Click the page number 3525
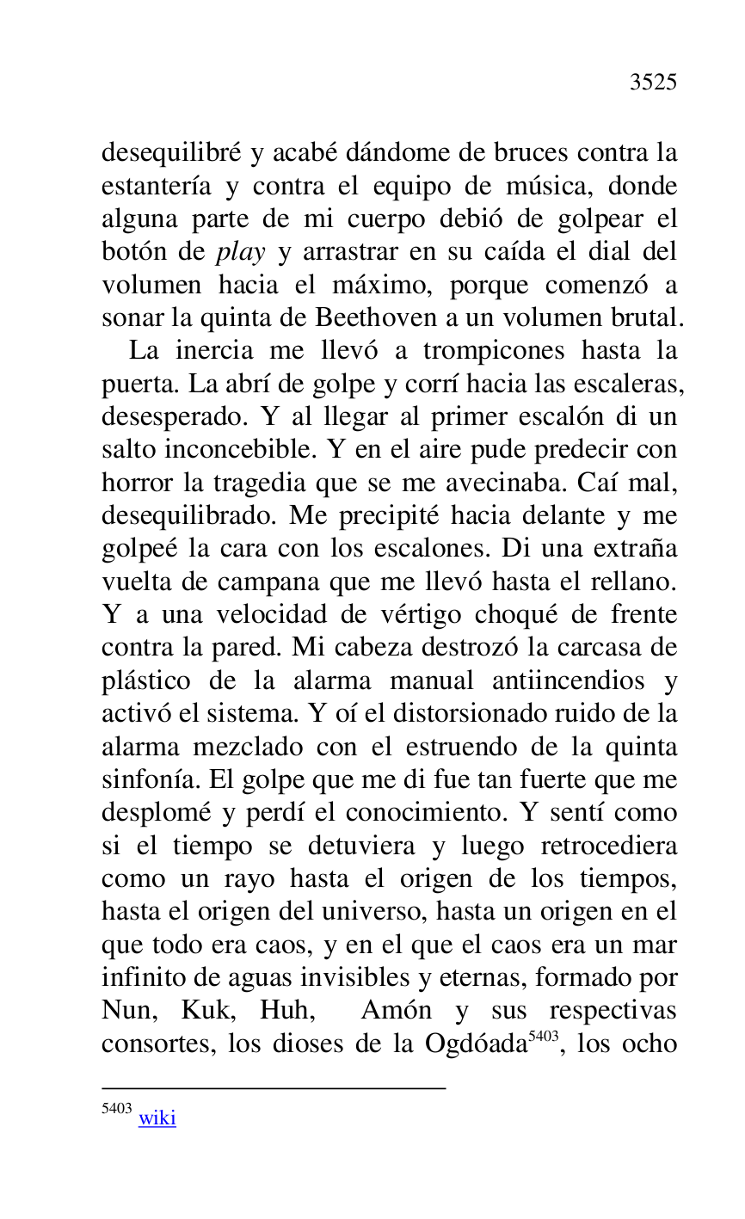(653, 83)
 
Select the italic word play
(239, 253)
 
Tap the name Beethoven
(376, 318)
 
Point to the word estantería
(157, 187)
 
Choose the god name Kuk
(205, 1010)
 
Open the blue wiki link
(157, 1118)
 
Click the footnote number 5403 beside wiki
(116, 1110)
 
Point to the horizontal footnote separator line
(274, 1088)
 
